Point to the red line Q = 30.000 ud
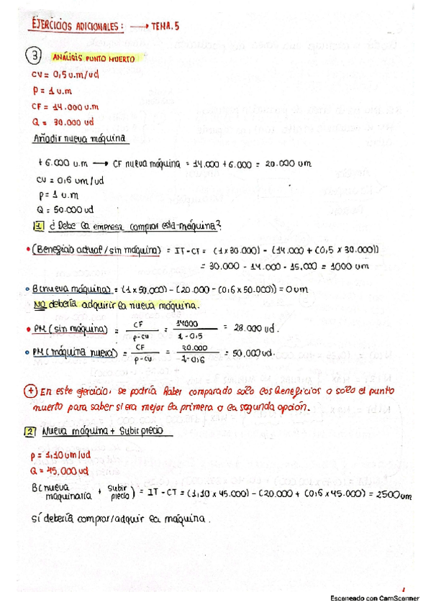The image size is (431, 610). [63, 122]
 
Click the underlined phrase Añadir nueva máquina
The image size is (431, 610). [79, 138]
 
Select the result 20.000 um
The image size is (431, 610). [288, 163]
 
